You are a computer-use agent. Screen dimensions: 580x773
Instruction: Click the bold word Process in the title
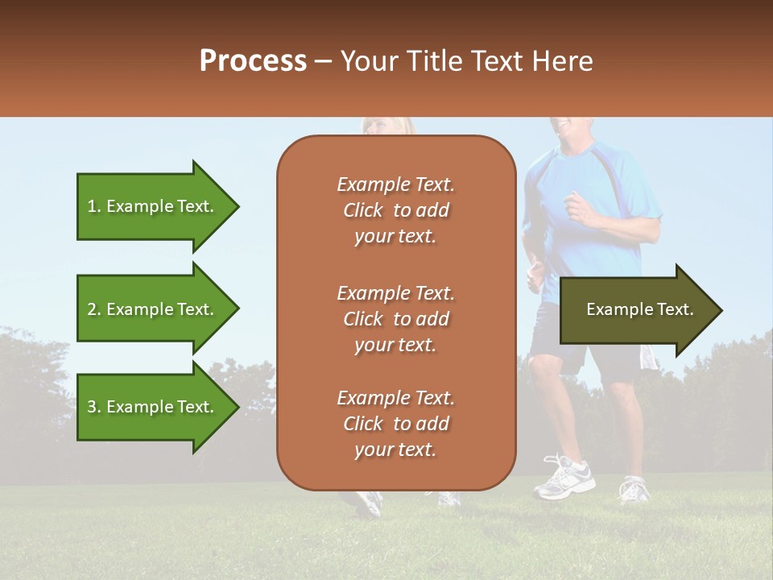[253, 60]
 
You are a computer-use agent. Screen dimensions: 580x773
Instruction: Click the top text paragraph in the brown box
[395, 210]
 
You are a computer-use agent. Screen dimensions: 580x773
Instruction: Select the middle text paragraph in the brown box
[395, 319]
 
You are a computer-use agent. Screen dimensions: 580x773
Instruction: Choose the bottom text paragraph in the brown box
[395, 424]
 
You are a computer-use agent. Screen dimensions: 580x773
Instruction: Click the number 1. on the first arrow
[93, 206]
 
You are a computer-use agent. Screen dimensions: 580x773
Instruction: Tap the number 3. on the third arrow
[94, 407]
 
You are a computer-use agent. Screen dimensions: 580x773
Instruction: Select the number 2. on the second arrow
[94, 309]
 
